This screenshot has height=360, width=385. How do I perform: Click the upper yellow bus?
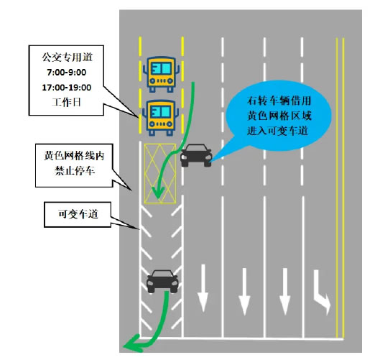[162, 75]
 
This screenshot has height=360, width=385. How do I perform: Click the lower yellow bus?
[161, 118]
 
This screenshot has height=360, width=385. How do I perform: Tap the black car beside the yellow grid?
[196, 155]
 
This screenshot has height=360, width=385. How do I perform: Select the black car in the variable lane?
[162, 282]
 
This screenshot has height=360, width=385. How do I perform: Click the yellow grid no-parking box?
[160, 174]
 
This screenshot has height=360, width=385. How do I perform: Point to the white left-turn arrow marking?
[322, 292]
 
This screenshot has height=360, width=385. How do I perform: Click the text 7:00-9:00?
[67, 73]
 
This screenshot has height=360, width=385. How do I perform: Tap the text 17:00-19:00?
[67, 88]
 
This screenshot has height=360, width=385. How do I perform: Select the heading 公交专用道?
[67, 57]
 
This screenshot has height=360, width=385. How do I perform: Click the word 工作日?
[66, 102]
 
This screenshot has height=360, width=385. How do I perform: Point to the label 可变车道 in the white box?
[78, 214]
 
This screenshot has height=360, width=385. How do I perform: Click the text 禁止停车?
[75, 171]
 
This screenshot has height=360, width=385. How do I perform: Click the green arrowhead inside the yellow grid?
[158, 193]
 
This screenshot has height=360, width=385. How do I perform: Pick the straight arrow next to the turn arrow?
[285, 292]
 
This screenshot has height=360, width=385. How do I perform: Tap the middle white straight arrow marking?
[244, 292]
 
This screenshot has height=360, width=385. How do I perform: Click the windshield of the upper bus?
[161, 68]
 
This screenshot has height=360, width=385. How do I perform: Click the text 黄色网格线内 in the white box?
[74, 156]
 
